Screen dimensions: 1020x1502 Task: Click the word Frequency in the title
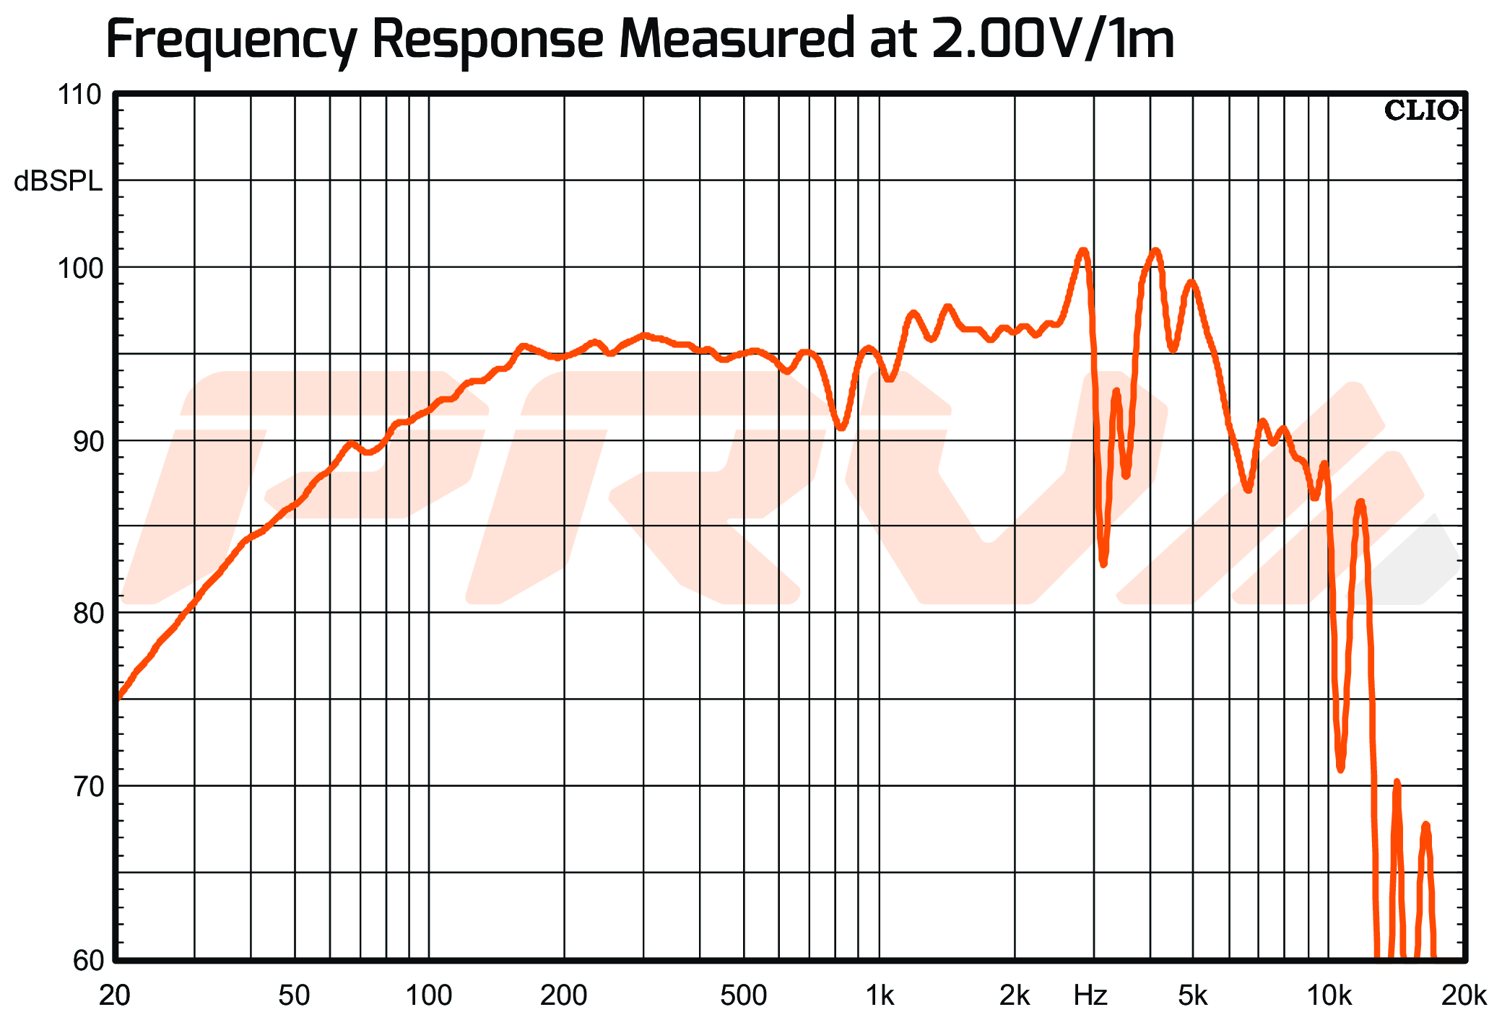231,40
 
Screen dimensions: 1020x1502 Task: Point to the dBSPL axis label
58,182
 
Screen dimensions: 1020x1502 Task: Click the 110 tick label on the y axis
79,95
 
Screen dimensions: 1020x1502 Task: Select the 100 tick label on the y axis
79,269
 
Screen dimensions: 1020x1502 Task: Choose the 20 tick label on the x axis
115,995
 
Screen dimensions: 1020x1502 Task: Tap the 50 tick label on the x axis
294,995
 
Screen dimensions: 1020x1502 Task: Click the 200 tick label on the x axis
563,995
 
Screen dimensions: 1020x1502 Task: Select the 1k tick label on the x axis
880,995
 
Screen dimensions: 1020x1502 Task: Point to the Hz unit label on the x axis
1090,995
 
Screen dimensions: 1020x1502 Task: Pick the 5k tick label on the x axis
1193,995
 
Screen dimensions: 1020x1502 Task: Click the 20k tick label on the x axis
1463,995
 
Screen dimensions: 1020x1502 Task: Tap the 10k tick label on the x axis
1329,995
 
